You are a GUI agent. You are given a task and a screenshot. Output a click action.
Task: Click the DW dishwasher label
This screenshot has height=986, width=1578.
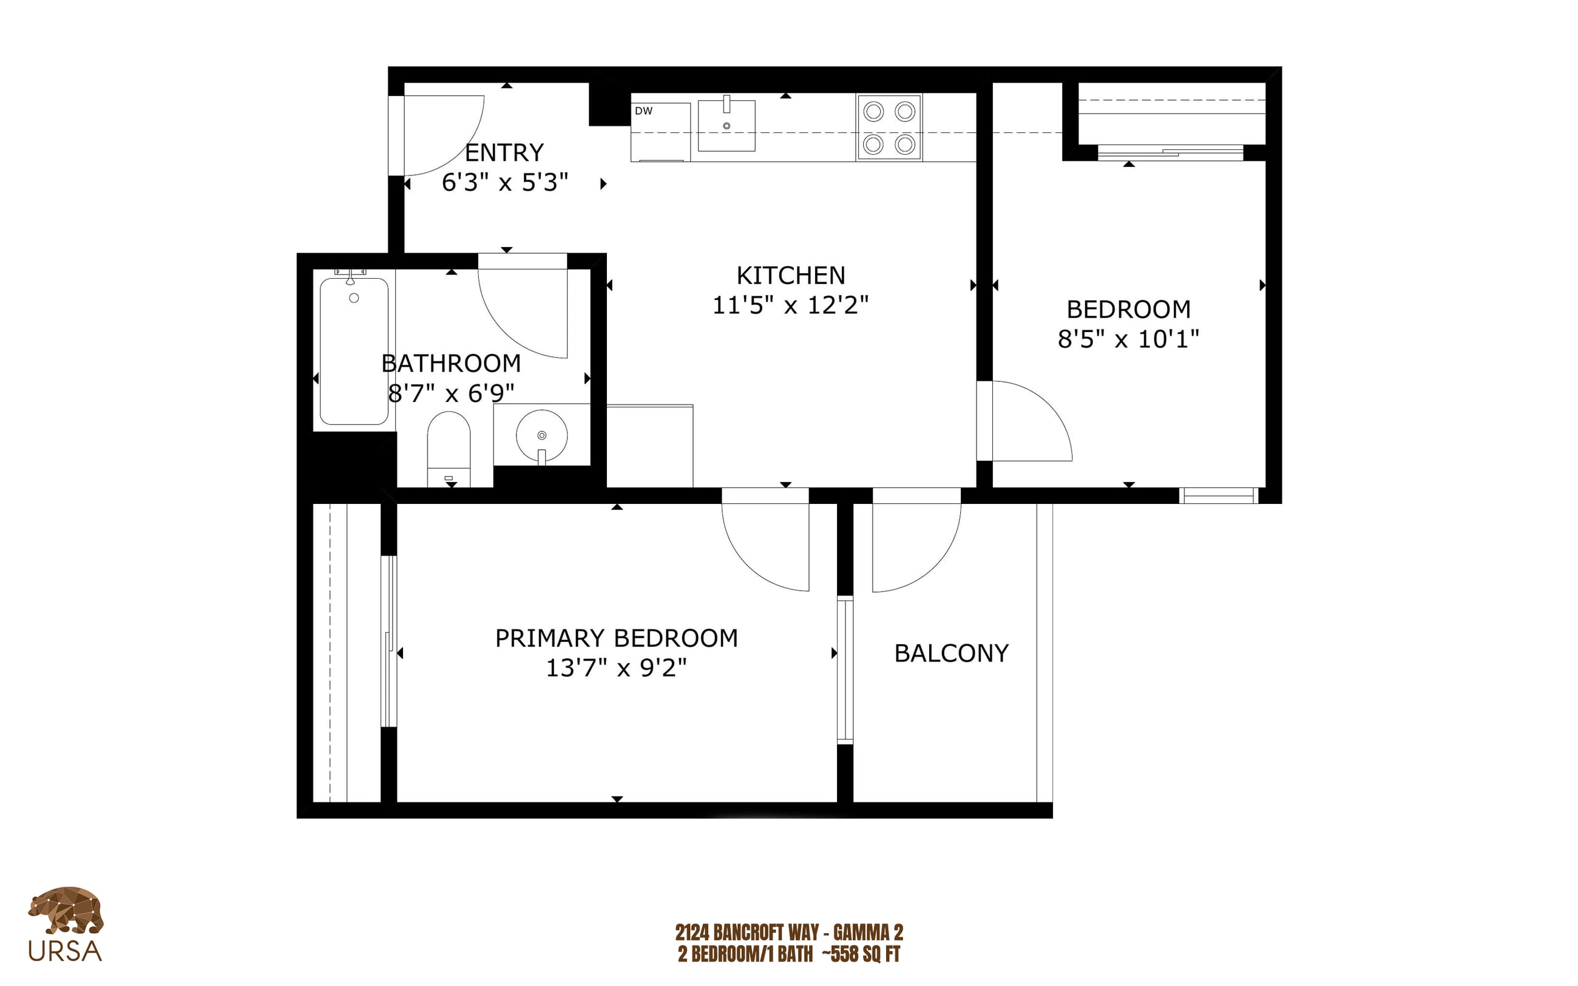click(x=643, y=111)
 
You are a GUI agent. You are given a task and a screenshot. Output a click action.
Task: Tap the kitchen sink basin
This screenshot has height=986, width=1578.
click(x=726, y=126)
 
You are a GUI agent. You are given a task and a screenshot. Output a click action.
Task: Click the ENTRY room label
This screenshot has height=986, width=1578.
click(x=504, y=152)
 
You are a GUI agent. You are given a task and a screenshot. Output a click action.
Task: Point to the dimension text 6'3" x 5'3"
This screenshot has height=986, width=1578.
click(x=504, y=183)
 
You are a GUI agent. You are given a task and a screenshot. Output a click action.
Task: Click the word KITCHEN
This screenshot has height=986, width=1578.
click(x=791, y=276)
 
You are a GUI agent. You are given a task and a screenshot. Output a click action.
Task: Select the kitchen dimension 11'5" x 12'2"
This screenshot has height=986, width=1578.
click(x=790, y=305)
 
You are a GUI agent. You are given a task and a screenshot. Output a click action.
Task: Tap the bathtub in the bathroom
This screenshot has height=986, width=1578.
click(x=354, y=352)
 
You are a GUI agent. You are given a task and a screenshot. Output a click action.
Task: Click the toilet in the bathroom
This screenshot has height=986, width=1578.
click(x=449, y=449)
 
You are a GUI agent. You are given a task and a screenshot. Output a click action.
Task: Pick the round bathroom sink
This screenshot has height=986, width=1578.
click(x=541, y=435)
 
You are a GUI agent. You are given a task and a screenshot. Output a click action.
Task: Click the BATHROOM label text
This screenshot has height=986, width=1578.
click(x=451, y=363)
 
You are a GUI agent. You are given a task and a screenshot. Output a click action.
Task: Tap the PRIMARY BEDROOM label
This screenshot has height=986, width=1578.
click(x=617, y=637)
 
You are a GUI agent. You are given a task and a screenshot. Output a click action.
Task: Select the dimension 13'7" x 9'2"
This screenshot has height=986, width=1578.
click(x=616, y=668)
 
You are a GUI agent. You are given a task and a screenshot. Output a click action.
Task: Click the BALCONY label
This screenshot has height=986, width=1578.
click(x=951, y=653)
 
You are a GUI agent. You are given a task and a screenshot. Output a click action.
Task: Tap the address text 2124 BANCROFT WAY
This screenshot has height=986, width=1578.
click(x=747, y=933)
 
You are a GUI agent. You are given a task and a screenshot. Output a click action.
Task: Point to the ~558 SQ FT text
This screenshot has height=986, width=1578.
click(x=861, y=954)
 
